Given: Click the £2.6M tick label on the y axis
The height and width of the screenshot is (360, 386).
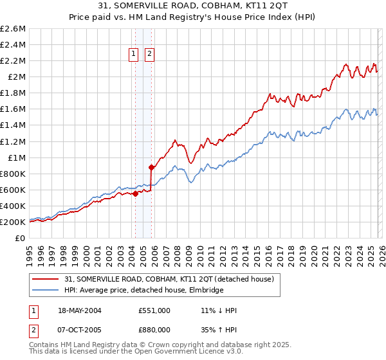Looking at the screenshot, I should click(13, 29).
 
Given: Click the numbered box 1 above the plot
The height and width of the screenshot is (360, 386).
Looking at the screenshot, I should click(134, 55).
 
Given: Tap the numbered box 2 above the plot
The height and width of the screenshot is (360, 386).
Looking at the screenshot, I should click(149, 55).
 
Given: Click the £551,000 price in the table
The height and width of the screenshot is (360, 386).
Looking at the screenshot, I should click(153, 310).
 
